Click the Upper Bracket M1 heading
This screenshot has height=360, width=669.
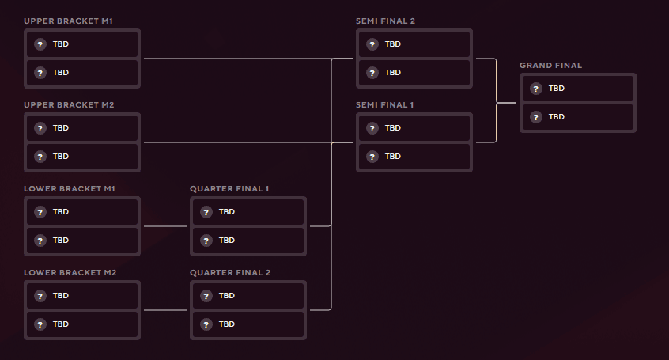click(68, 21)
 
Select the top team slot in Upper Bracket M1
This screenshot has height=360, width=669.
click(82, 44)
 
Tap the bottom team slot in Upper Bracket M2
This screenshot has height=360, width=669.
click(82, 157)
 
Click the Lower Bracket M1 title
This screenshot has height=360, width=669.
click(69, 188)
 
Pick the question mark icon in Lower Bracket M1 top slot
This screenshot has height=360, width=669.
click(40, 212)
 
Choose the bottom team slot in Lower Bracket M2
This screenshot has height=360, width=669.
click(82, 324)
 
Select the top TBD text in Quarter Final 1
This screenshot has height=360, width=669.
click(227, 212)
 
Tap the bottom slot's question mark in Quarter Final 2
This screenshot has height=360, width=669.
click(206, 324)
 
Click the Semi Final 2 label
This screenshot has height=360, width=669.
click(385, 21)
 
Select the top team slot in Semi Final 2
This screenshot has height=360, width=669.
click(414, 44)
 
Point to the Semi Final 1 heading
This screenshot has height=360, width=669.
click(385, 104)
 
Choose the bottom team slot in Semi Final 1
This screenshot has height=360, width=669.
click(414, 157)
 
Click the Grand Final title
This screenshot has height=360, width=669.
click(550, 65)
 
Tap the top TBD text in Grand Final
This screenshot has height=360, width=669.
click(557, 89)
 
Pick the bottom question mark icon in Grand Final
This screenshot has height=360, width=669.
click(536, 117)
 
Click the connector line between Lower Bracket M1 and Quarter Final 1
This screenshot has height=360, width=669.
click(164, 226)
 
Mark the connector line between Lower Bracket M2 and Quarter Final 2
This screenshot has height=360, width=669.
click(164, 310)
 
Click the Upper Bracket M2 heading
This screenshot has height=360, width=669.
click(69, 104)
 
